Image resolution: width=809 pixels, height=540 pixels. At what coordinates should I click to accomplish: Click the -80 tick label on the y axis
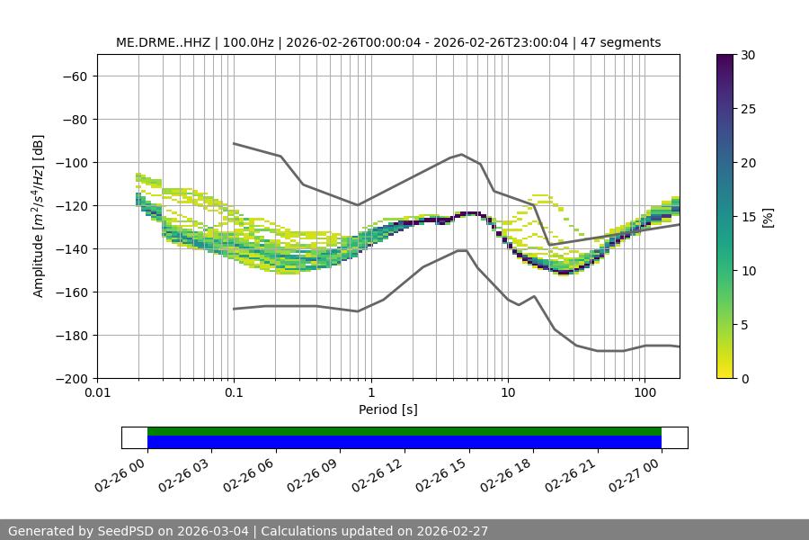click(x=73, y=120)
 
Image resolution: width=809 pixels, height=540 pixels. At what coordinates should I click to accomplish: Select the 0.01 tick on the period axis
click(x=97, y=392)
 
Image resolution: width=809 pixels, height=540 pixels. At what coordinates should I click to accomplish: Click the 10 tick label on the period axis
click(x=508, y=392)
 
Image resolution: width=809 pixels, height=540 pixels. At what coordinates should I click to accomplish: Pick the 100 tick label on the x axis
click(x=645, y=392)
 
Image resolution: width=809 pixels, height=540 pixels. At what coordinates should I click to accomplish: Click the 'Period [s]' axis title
click(x=388, y=409)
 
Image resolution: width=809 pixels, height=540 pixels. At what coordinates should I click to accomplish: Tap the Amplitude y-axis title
click(x=38, y=216)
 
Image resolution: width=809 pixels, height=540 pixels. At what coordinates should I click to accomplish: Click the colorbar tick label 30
click(x=747, y=55)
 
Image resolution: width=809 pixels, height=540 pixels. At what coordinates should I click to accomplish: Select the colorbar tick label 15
click(x=747, y=217)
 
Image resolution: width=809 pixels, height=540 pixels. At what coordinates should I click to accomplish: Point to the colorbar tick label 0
click(x=743, y=379)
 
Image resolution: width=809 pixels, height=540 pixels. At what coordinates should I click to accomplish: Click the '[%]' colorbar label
click(x=768, y=217)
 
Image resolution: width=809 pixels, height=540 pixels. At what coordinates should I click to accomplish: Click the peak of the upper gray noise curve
click(x=462, y=154)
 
